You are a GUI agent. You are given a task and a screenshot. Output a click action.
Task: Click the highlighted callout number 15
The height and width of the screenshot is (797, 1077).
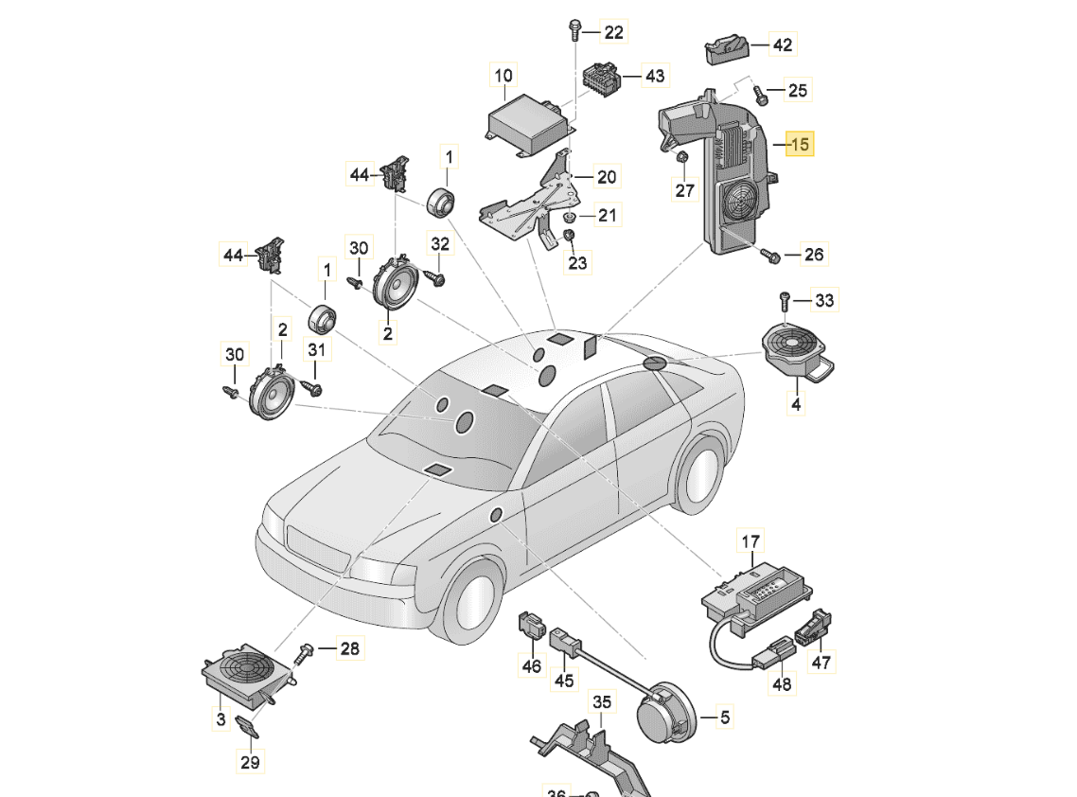pyautogui.click(x=800, y=145)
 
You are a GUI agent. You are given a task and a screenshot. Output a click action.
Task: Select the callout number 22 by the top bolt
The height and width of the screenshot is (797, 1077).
pyautogui.click(x=613, y=32)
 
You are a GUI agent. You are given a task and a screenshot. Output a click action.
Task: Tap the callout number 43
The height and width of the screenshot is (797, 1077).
pyautogui.click(x=654, y=75)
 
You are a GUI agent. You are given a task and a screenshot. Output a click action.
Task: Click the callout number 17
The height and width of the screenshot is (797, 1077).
pyautogui.click(x=750, y=542)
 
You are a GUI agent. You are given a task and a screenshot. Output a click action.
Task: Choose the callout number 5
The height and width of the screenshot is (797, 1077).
pyautogui.click(x=724, y=717)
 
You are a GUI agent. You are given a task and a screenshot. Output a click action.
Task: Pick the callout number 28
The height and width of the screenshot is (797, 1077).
pyautogui.click(x=349, y=648)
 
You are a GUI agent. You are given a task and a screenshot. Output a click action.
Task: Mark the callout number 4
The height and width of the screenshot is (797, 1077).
pyautogui.click(x=796, y=404)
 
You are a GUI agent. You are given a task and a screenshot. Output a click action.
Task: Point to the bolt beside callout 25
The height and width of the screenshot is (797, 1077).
pyautogui.click(x=760, y=94)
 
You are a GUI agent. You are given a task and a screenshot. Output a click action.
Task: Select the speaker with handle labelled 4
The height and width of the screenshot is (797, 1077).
pyautogui.click(x=793, y=349)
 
